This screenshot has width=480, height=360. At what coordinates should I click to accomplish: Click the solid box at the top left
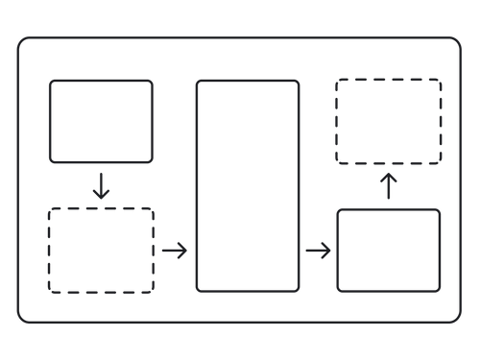pos(101,121)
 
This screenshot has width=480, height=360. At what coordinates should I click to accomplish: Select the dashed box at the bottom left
pos(101,250)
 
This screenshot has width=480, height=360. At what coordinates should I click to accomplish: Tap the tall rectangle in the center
pos(248,185)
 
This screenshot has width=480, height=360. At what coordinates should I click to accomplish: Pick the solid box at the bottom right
pos(389,250)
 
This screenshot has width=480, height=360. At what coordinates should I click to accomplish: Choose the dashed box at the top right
pos(389,121)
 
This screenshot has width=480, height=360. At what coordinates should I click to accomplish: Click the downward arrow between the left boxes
pos(101,185)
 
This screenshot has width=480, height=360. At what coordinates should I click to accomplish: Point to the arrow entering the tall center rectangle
pos(174,252)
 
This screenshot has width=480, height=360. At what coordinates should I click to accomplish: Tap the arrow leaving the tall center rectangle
pos(318,252)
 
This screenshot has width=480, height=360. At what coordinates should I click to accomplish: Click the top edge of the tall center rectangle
pos(248,81)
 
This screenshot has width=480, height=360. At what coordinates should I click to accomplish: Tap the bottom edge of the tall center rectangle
pos(248,290)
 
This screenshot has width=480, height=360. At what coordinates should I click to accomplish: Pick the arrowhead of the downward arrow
pos(101,196)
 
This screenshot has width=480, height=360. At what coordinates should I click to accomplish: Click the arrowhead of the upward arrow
pos(389,177)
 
